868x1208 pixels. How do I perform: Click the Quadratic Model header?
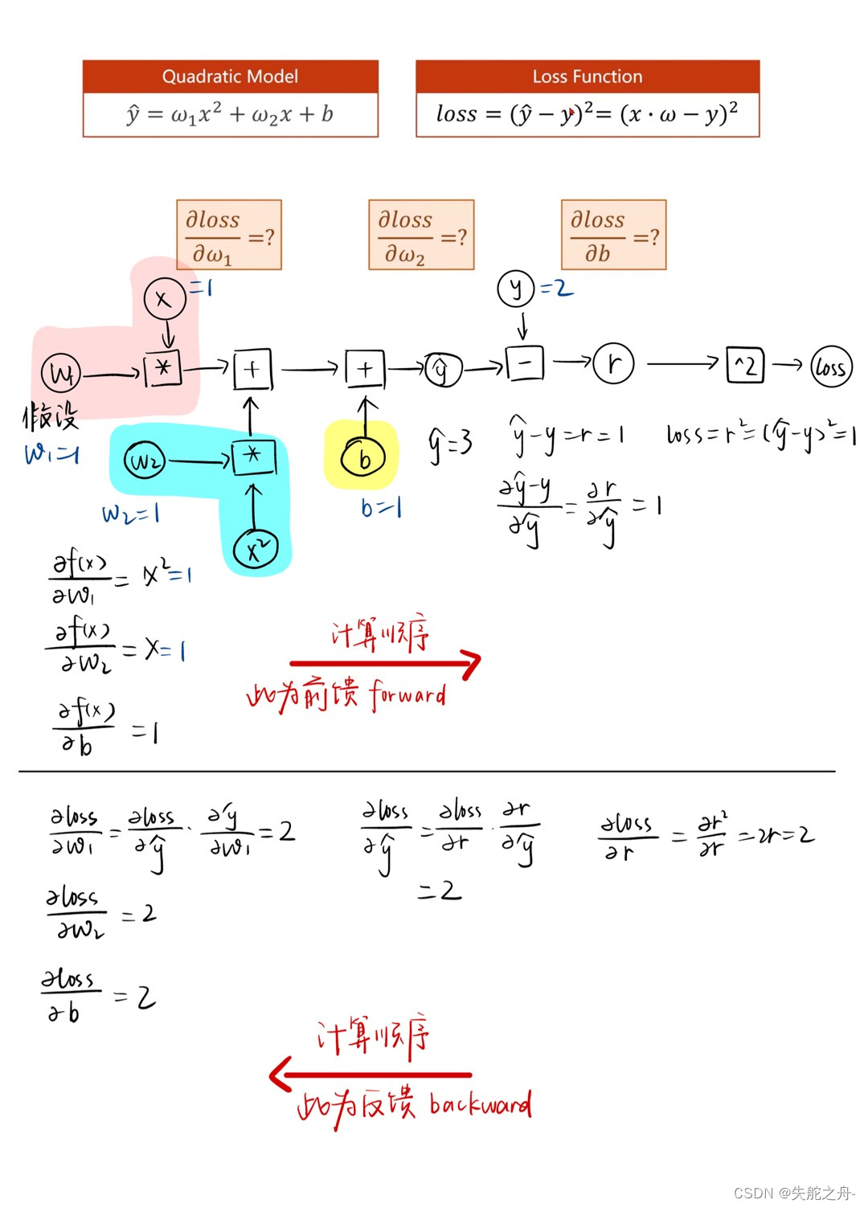[230, 76]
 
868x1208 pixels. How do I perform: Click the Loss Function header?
[588, 76]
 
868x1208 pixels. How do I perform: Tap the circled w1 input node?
[61, 374]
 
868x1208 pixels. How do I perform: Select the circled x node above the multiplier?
[165, 299]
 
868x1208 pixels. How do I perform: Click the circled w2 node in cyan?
[145, 461]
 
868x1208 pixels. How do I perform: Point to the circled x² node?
[256, 550]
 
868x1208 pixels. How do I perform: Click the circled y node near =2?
[516, 288]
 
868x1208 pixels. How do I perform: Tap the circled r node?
[614, 364]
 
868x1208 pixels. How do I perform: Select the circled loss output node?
[831, 367]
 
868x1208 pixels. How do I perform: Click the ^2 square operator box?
[745, 365]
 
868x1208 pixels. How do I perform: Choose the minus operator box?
[524, 363]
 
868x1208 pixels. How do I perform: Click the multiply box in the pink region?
[163, 369]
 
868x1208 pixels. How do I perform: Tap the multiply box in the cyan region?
[253, 457]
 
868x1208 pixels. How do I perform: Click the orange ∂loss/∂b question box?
[613, 235]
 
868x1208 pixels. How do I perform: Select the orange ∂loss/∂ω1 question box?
[229, 235]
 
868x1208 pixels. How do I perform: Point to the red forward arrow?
[386, 663]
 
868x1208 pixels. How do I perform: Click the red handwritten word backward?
[480, 1104]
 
